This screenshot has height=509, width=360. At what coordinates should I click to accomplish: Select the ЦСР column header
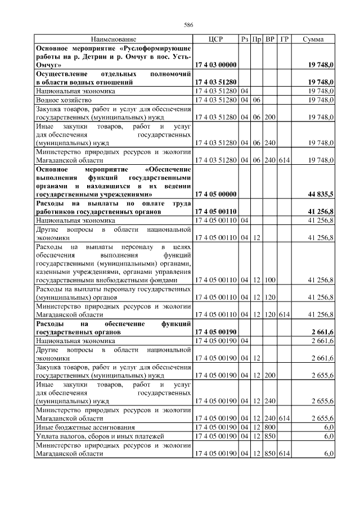(x=215, y=39)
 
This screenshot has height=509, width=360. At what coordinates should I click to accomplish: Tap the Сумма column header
(x=313, y=39)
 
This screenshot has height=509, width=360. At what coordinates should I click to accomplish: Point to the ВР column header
(x=270, y=39)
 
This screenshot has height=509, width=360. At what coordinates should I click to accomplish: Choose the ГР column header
(x=284, y=39)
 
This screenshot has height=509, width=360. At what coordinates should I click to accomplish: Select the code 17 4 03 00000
(x=215, y=65)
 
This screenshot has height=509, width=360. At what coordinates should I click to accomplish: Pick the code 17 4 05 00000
(x=215, y=194)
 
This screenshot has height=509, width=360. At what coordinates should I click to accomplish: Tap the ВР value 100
(x=270, y=280)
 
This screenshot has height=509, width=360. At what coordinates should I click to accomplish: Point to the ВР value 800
(x=270, y=427)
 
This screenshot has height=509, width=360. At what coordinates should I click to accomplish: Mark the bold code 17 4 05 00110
(x=215, y=211)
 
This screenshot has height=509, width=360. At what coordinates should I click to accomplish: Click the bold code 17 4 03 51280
(x=215, y=82)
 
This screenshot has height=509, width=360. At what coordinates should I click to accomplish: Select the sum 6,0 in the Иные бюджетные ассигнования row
(x=329, y=427)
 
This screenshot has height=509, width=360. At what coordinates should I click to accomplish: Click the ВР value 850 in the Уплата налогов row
(x=270, y=436)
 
